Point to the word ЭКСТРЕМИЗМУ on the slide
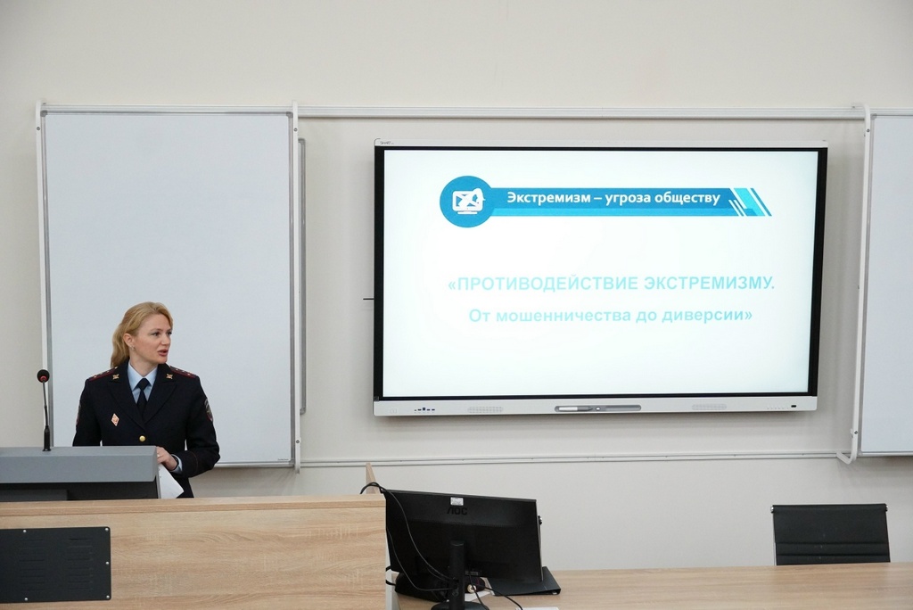(x=710, y=284)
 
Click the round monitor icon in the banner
(x=467, y=201)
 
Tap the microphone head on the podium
(x=43, y=375)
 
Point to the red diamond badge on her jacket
(x=115, y=419)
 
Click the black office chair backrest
(x=830, y=533)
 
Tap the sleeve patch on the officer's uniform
(x=208, y=409)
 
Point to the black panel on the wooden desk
(x=54, y=564)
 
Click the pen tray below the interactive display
(x=597, y=408)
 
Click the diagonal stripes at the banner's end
(x=750, y=202)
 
